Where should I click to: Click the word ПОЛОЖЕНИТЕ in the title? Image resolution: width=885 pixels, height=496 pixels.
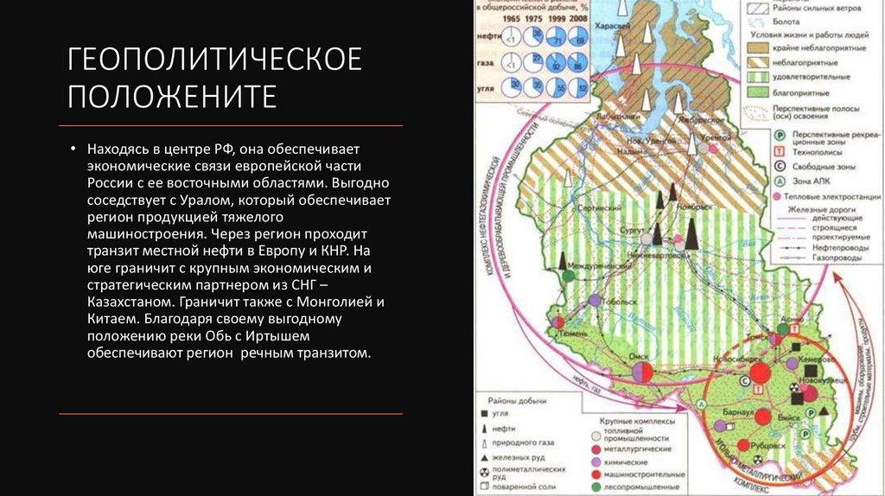point(173,95)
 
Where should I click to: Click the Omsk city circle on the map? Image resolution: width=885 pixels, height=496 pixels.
point(642,372)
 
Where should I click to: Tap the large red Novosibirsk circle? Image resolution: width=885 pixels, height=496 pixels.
point(760,372)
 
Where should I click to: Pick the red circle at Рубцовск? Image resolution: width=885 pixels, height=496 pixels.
point(742,444)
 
